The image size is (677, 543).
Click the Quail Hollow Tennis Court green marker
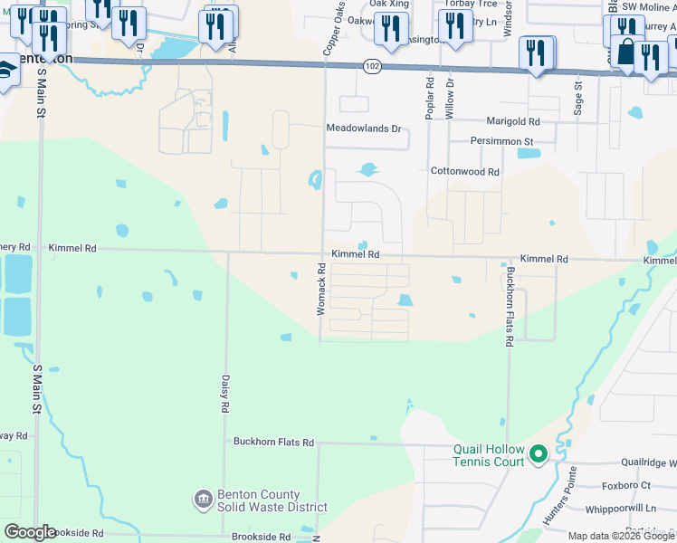pos(538,452)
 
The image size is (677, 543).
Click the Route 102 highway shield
pos(372,66)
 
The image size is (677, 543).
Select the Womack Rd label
pos(320,289)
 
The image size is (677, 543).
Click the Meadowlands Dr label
pos(363,129)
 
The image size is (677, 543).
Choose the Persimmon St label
pos(501,141)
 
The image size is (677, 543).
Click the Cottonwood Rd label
pos(464,171)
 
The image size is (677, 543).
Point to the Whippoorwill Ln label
pos(621,509)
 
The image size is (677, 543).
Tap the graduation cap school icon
pos(5,70)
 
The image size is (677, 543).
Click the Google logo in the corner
pos(30,532)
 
